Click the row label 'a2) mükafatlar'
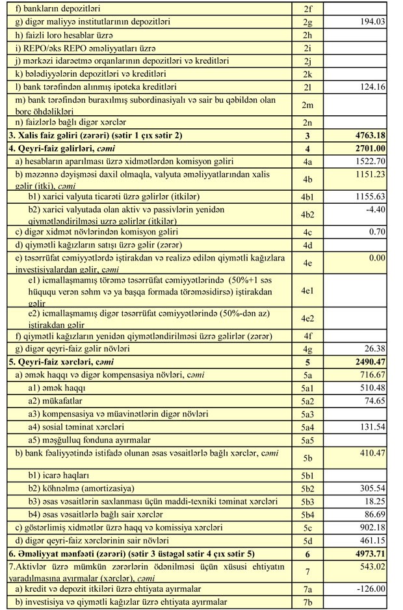click(x=57, y=401)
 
